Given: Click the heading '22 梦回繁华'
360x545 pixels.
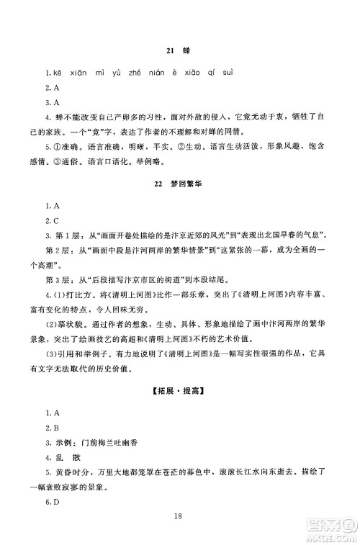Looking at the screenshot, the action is click(x=180, y=185).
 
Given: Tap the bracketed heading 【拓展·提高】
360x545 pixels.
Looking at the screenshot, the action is click(x=180, y=390).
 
